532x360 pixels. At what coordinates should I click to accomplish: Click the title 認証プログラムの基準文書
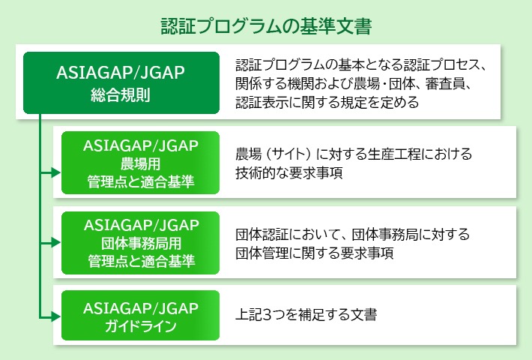click(266, 25)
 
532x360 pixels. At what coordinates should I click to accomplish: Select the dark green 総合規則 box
click(121, 82)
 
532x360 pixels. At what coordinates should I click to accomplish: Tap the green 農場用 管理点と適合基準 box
click(140, 163)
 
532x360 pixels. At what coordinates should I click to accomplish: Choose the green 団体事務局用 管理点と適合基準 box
click(140, 243)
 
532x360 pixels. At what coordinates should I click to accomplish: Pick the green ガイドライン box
click(140, 315)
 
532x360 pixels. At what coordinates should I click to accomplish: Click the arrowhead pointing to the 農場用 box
click(56, 172)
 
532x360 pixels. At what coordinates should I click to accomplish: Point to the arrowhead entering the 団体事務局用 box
click(56, 242)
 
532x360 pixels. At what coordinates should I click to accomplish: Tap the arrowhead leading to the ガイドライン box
click(56, 316)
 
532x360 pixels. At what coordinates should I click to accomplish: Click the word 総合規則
click(121, 95)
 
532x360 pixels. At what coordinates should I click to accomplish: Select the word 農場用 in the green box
click(140, 164)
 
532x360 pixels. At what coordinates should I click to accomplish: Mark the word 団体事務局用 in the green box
click(141, 244)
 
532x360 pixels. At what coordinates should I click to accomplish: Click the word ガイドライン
click(140, 326)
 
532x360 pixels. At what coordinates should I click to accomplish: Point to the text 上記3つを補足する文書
click(306, 314)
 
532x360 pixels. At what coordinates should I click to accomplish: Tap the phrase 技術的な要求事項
click(289, 172)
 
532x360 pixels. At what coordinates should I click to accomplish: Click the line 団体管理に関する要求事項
click(315, 253)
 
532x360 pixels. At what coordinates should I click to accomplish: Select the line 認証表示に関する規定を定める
click(327, 102)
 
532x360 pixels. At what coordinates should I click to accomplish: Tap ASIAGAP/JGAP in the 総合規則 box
click(121, 73)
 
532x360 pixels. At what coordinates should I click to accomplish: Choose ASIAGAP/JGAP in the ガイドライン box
click(140, 308)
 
